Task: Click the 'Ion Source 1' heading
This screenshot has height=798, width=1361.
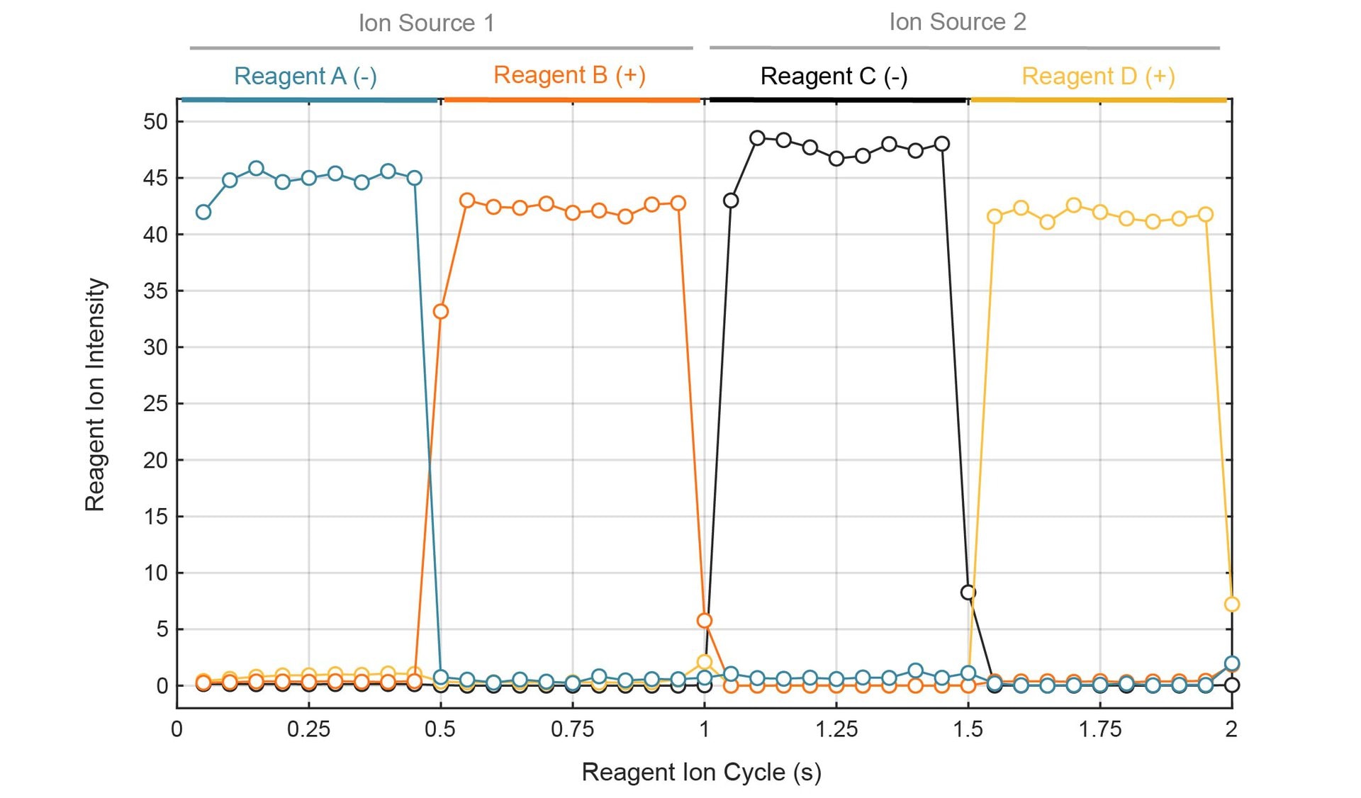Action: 426,23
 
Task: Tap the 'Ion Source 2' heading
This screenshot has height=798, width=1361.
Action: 957,22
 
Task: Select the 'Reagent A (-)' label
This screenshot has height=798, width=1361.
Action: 305,76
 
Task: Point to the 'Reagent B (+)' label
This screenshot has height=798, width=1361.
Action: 569,74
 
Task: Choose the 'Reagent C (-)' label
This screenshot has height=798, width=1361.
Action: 834,76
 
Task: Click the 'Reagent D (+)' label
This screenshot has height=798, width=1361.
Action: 1098,76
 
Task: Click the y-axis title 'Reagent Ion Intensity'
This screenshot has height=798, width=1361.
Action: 95,394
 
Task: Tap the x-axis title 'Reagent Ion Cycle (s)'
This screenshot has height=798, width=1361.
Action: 701,772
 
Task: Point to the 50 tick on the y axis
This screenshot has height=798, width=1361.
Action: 155,121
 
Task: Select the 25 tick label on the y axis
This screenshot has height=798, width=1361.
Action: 155,404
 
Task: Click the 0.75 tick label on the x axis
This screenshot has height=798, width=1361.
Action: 572,729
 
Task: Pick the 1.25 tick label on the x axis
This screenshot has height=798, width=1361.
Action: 836,729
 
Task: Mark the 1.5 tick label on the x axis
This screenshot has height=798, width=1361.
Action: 968,729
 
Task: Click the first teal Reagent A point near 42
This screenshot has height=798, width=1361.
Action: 203,212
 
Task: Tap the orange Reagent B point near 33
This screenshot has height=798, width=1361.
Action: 441,312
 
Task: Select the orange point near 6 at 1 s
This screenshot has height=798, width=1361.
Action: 705,621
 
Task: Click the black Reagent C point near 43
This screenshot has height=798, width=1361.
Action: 731,201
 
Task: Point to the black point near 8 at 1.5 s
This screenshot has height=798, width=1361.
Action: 968,592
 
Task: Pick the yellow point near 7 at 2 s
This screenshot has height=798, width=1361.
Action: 1232,605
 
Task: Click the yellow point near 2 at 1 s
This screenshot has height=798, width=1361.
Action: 705,663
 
